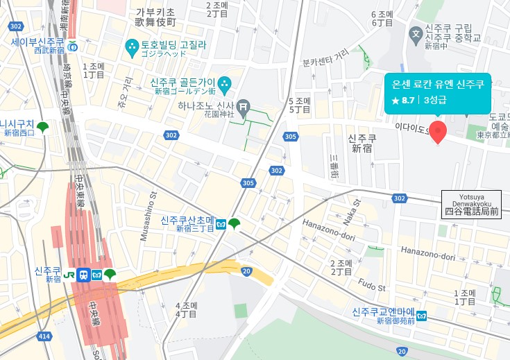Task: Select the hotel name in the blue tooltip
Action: tap(437, 85)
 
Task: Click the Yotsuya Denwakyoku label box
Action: tap(471, 203)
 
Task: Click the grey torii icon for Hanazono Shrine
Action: tap(243, 106)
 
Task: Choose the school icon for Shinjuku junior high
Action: tap(416, 33)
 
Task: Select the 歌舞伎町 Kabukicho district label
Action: tap(155, 22)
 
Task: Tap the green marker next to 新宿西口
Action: tap(43, 128)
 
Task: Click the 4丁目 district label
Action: tap(187, 314)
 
